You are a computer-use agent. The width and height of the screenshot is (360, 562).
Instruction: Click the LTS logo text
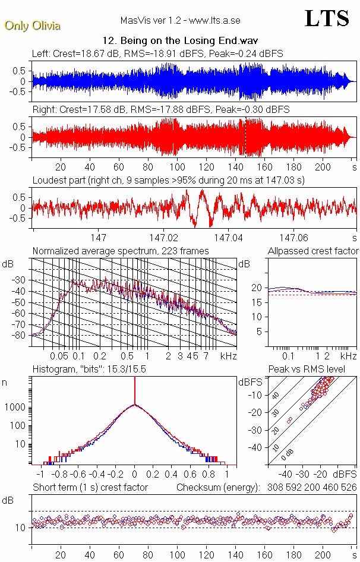point(327,18)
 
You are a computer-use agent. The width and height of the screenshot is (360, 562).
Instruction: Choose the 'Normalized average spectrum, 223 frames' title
point(121,251)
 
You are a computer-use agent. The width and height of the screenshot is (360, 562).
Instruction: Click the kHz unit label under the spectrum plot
point(228,356)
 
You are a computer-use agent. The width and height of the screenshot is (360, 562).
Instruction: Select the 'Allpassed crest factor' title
point(312,251)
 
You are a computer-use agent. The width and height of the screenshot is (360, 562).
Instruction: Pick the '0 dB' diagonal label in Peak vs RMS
point(287,454)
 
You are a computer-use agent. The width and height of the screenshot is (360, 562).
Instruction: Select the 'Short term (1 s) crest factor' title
point(90,488)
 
